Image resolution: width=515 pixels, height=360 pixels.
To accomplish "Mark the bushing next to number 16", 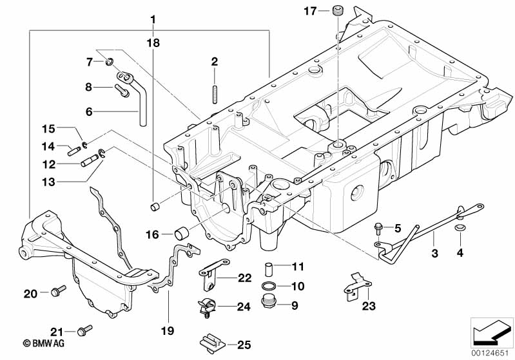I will click(183, 233).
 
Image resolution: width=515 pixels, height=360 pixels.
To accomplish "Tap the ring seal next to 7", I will click(110, 62).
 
